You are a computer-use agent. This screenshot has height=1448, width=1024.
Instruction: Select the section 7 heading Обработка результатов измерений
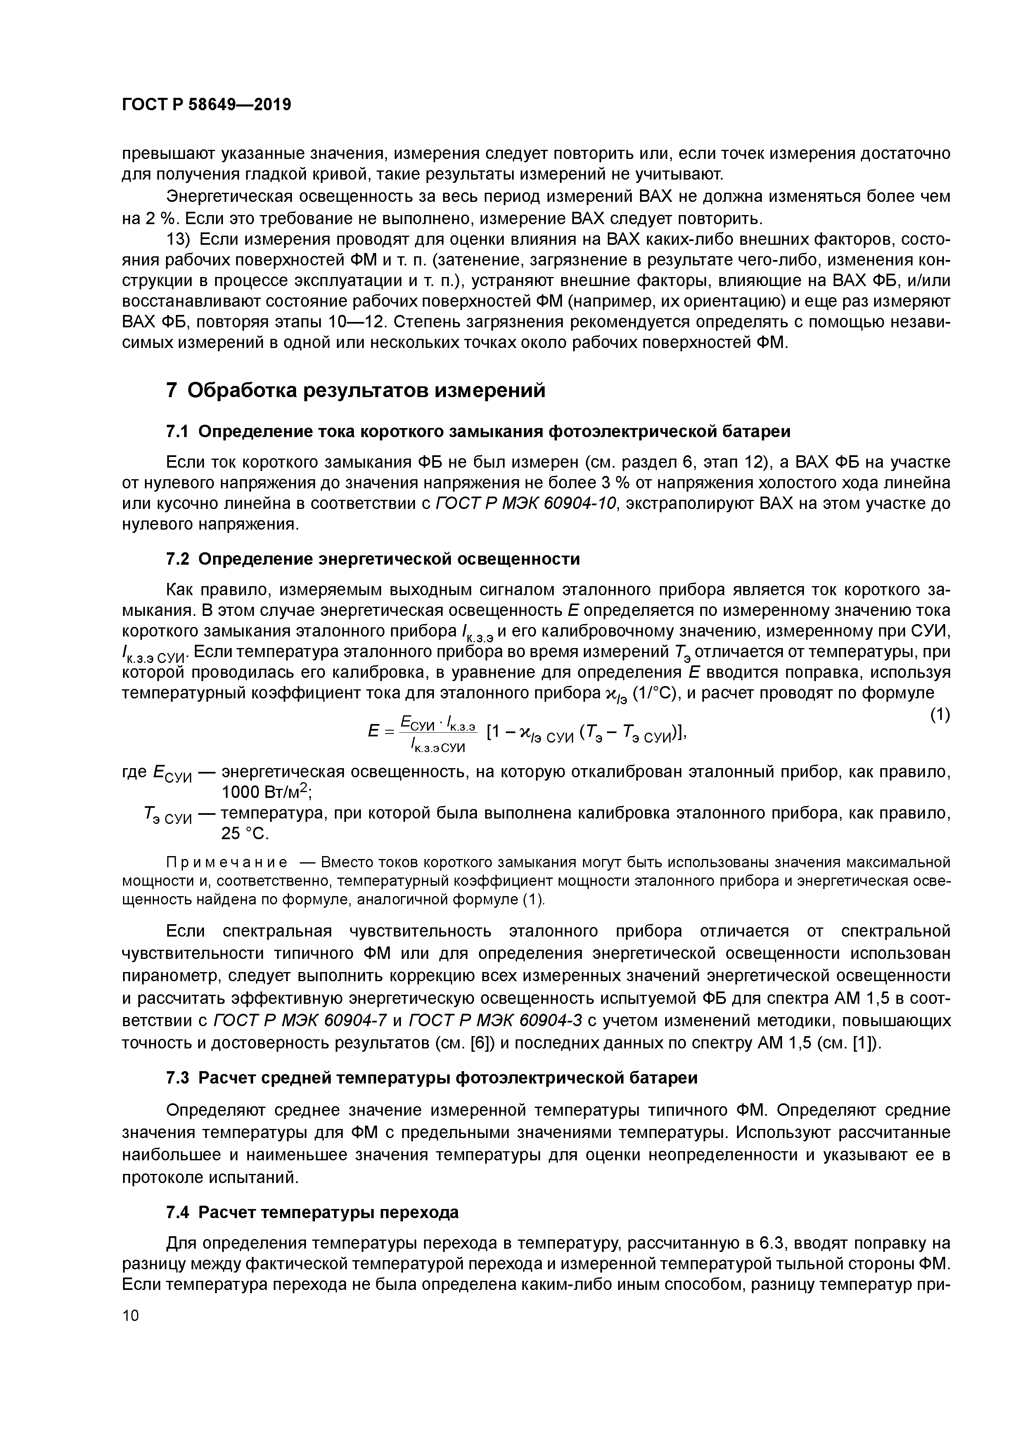pyautogui.click(x=355, y=390)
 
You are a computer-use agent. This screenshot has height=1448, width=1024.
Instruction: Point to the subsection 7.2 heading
pyautogui.click(x=372, y=559)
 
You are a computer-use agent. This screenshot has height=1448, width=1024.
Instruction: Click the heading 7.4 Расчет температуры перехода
pyautogui.click(x=312, y=1212)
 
